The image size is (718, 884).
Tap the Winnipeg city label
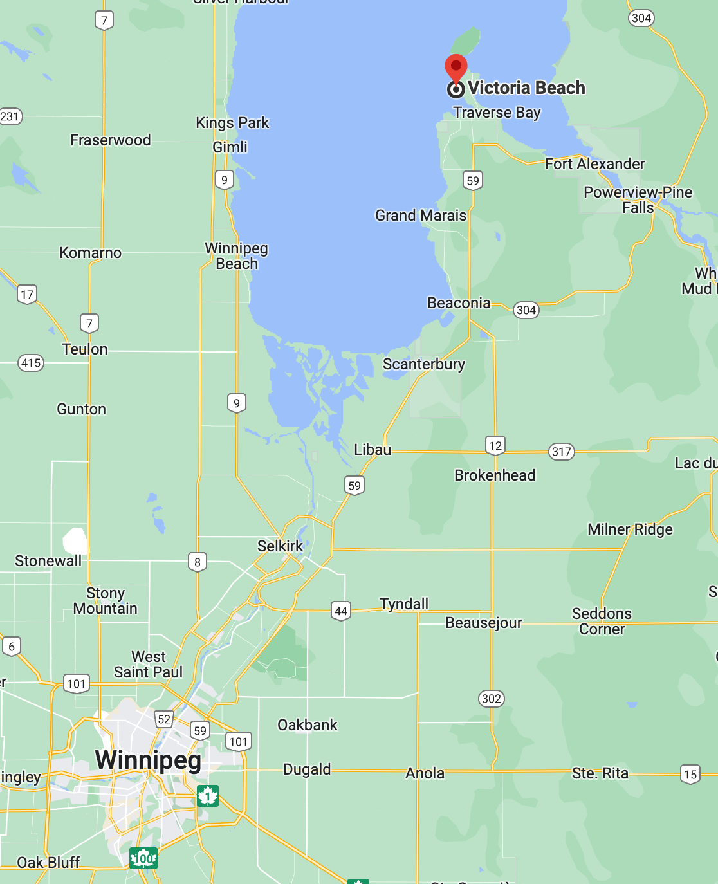[148, 760]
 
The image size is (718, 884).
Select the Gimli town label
[230, 147]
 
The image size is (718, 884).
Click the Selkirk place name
[280, 546]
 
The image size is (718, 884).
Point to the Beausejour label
[484, 623]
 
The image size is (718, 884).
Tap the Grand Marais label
[421, 216]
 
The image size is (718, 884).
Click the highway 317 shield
[561, 452]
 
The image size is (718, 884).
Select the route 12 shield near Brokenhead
[495, 445]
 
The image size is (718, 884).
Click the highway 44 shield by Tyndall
[341, 611]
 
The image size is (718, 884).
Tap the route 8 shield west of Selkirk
[198, 562]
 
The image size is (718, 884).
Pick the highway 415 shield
[31, 363]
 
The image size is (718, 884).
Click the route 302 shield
[491, 699]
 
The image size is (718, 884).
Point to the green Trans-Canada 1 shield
[208, 796]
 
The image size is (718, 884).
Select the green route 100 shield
[143, 858]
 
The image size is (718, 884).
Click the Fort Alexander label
[594, 164]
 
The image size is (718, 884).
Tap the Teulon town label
[85, 349]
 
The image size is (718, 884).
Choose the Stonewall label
[48, 561]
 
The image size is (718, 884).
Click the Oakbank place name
[307, 725]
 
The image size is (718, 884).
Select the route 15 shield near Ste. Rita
[690, 774]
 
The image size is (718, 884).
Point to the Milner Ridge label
[630, 529]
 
